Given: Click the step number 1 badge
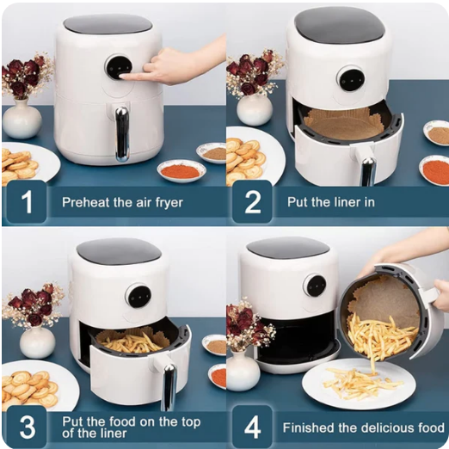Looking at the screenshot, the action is (x=27, y=202).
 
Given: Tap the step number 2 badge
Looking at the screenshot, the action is (x=252, y=202).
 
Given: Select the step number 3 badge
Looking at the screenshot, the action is (x=27, y=427).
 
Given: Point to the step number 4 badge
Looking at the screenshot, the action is (x=252, y=427).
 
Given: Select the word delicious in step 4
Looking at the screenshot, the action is (x=388, y=427).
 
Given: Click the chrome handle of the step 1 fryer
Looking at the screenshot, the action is (x=122, y=133).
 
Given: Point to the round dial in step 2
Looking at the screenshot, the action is (x=351, y=79).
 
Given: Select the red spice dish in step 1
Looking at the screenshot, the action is (x=181, y=170).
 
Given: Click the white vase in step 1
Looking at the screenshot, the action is (x=22, y=119).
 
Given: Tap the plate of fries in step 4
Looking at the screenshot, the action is (x=359, y=384).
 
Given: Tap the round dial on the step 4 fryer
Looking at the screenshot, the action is (x=315, y=286).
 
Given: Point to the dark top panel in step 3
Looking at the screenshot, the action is (x=119, y=251).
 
